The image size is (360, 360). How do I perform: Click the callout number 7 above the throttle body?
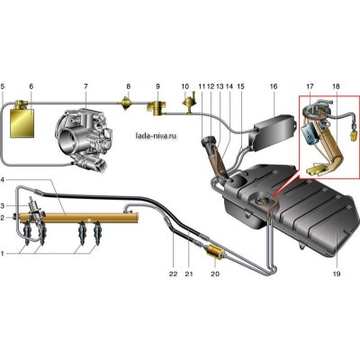[x=85, y=86]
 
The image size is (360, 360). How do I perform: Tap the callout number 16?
[x=274, y=86]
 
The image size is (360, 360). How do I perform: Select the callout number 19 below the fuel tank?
[x=337, y=274]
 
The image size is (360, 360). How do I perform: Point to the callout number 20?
[x=215, y=274]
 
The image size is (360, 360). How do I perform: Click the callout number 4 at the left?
[x=3, y=180]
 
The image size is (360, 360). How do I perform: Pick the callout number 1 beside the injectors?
[x=3, y=254]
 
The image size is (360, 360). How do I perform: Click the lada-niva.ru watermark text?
[x=156, y=136]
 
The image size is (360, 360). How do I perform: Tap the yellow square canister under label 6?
[x=22, y=123]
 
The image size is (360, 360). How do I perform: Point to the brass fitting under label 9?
[x=157, y=109]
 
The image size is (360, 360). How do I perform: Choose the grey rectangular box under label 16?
[x=273, y=132]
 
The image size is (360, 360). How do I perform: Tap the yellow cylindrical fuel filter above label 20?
[x=214, y=252]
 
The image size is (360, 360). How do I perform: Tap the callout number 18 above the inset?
[x=336, y=86]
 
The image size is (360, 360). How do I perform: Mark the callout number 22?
[x=174, y=274]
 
